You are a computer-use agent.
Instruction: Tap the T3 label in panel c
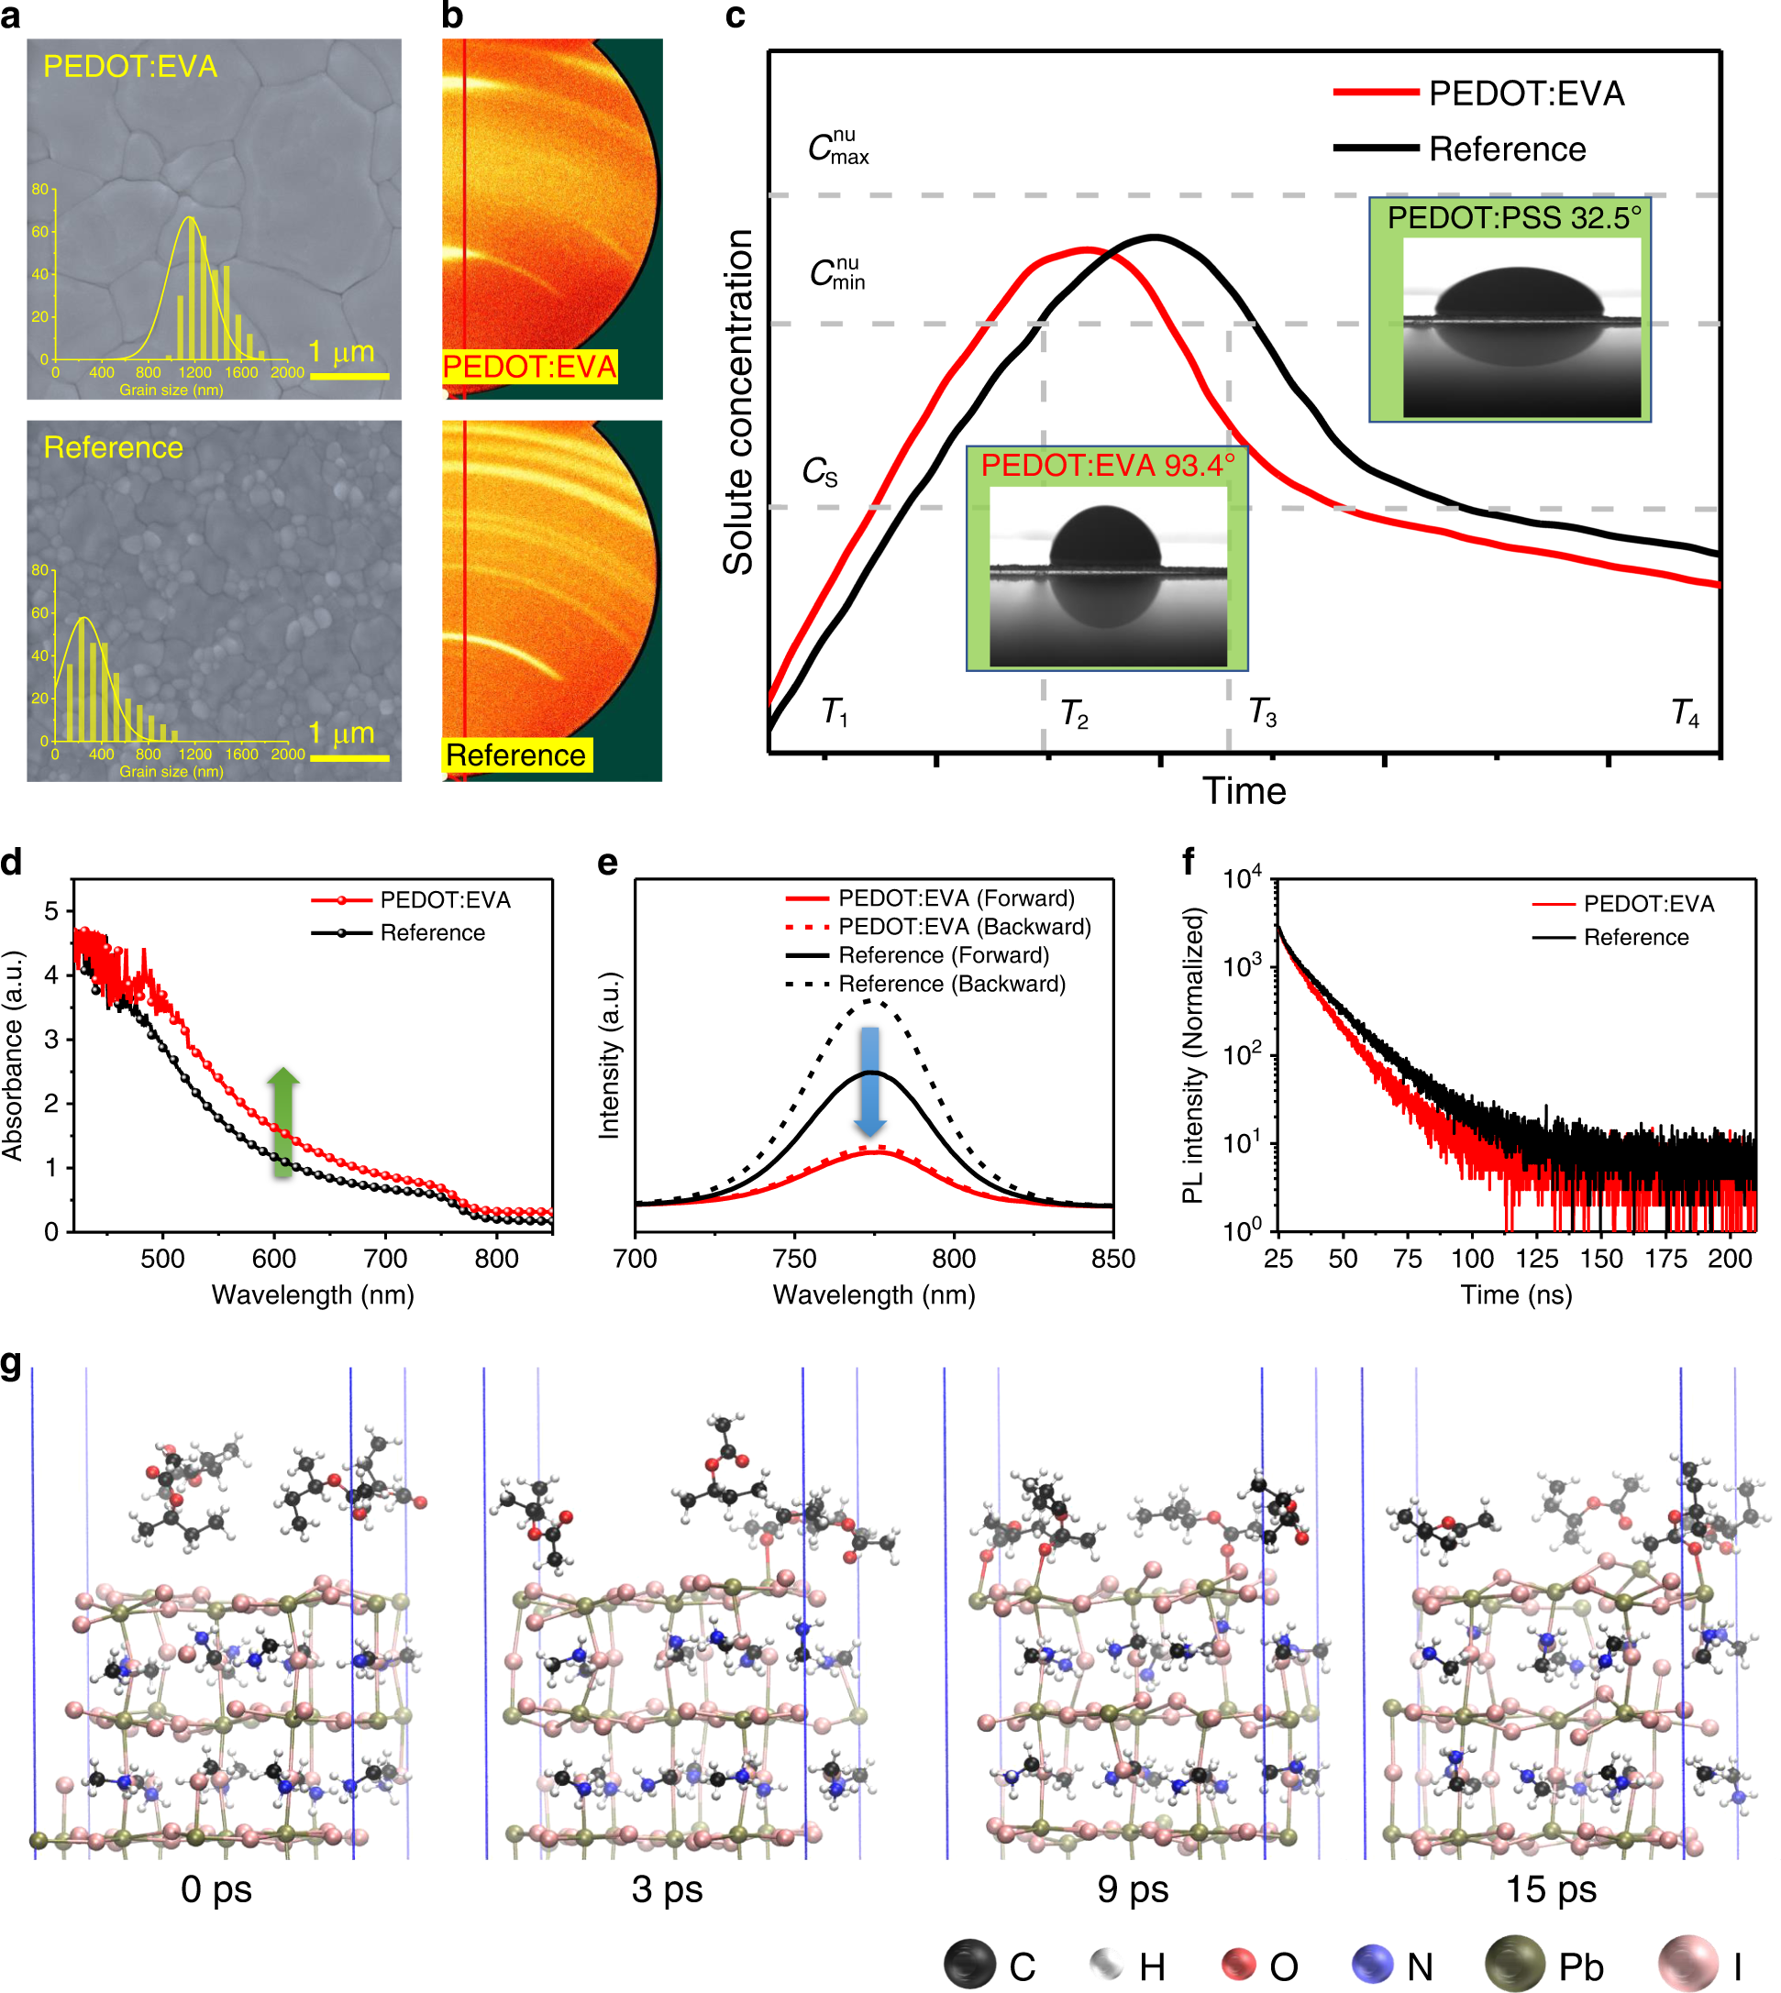[x=1262, y=712]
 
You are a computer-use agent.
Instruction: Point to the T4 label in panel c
[x=1685, y=712]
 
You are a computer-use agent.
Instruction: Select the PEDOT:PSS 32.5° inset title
[x=1514, y=217]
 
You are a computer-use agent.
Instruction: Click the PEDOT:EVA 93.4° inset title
[x=1107, y=465]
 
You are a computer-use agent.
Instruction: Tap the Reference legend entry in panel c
[x=1506, y=149]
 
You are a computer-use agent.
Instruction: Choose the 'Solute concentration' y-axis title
[x=739, y=402]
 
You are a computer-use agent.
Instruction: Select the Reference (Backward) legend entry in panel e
[x=950, y=984]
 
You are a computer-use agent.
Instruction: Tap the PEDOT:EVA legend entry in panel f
[x=1648, y=903]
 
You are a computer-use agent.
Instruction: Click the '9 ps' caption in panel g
[x=1133, y=1888]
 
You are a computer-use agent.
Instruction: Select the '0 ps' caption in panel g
[x=216, y=1888]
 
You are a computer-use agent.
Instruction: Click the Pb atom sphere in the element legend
[x=1514, y=1963]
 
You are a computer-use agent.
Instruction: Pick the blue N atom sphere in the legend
[x=1372, y=1964]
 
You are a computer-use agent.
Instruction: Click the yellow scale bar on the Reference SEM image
[x=349, y=757]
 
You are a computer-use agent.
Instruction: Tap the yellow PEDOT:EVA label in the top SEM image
[x=130, y=67]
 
